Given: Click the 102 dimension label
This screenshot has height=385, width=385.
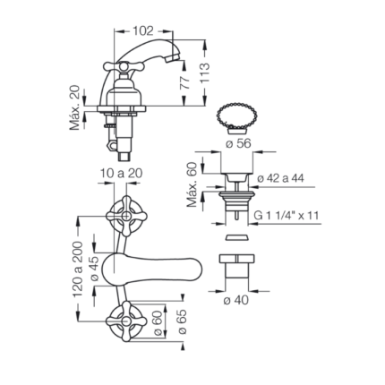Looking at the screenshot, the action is pyautogui.click(x=142, y=31).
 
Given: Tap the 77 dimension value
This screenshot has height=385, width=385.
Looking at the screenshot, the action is pyautogui.click(x=184, y=83).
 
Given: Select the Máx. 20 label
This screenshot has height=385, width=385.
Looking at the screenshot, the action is pyautogui.click(x=75, y=107).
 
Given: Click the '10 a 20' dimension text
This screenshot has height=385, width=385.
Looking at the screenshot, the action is pyautogui.click(x=121, y=173).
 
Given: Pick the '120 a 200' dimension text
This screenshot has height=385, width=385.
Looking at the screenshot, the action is pyautogui.click(x=78, y=269).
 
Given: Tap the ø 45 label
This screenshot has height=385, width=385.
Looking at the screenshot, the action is pyautogui.click(x=94, y=269).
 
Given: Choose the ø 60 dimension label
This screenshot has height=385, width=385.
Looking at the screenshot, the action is pyautogui.click(x=158, y=323).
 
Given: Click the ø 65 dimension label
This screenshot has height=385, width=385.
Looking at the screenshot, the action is pyautogui.click(x=182, y=321).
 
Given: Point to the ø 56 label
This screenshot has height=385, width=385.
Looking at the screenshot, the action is pyautogui.click(x=238, y=143).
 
